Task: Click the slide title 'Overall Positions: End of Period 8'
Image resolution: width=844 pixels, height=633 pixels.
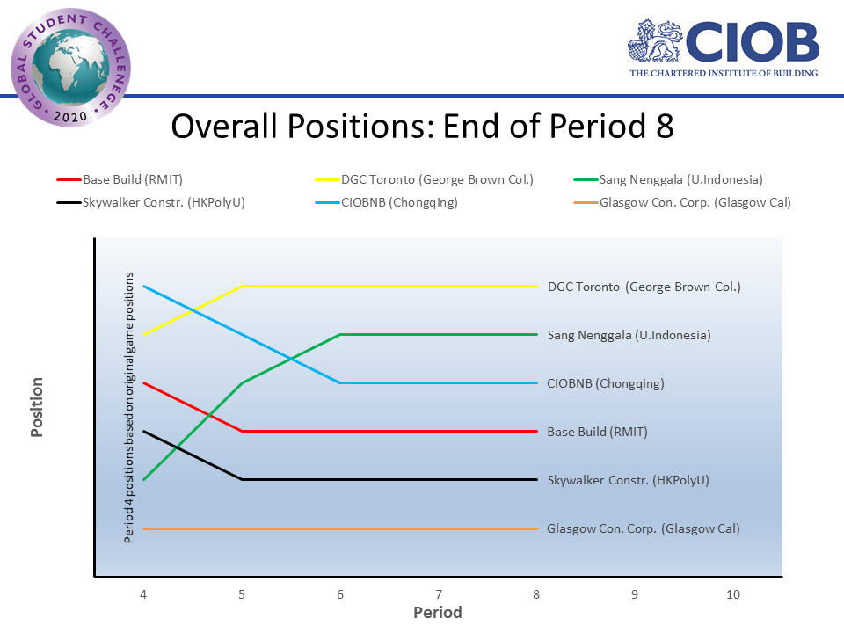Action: pos(422,126)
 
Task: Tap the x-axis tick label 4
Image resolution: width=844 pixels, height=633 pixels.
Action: pos(143,594)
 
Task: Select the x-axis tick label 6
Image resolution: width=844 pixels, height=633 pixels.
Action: pos(339,594)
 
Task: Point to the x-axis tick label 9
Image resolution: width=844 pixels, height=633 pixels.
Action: pos(635,594)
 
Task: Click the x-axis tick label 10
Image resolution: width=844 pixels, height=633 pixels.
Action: pos(733,594)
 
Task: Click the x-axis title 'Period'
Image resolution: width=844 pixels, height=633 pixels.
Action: pos(438,612)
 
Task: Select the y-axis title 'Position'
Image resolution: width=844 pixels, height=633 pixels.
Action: pos(38,407)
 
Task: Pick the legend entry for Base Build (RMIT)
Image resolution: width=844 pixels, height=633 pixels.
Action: pos(123,180)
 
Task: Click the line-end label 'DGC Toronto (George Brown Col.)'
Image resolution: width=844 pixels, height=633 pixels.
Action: pos(644,287)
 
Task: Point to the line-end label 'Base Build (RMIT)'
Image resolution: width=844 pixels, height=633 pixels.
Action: pos(597,432)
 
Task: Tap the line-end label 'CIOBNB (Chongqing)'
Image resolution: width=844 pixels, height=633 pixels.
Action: pos(606,383)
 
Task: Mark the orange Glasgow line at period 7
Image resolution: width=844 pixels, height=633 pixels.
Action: pos(438,528)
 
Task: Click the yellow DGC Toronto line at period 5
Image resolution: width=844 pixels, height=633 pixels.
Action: pos(242,286)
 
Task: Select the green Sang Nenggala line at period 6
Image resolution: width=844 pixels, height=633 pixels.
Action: pos(339,334)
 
